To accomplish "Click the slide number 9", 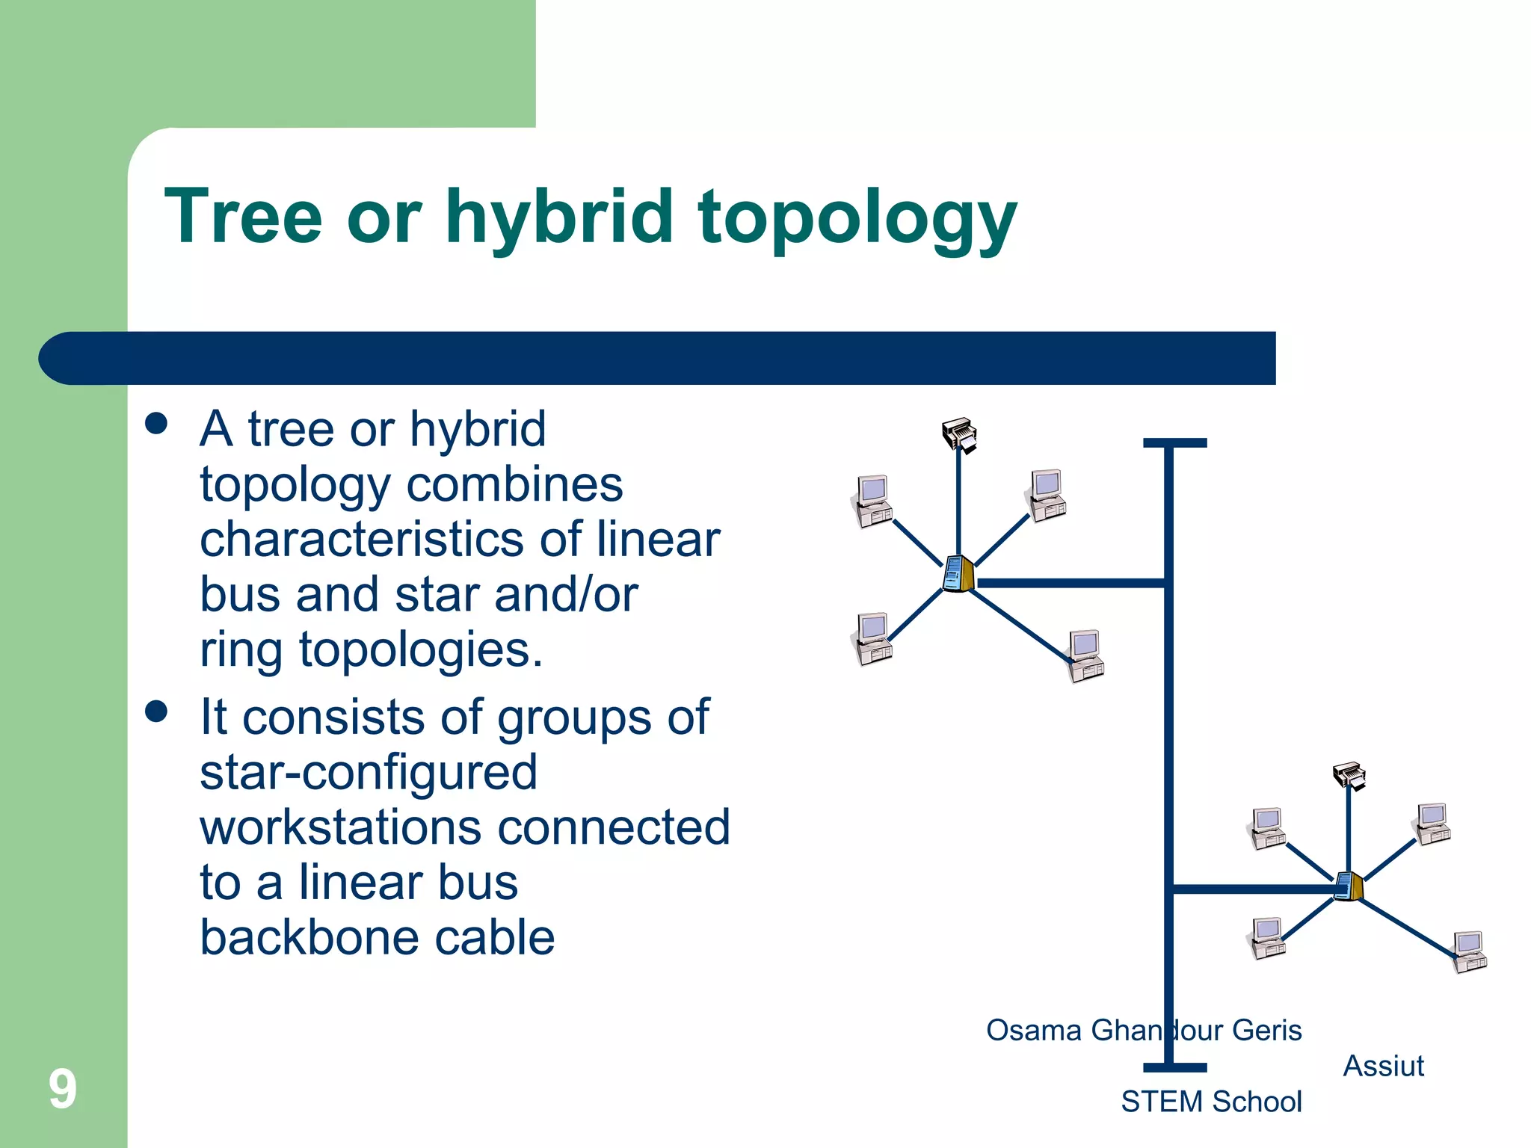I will (63, 1089).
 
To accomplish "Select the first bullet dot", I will (156, 424).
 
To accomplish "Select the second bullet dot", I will (156, 711).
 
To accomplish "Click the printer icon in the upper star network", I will (960, 434).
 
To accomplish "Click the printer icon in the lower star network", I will (1350, 776).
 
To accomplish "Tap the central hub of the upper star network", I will (958, 574).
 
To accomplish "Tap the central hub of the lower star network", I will (1349, 886).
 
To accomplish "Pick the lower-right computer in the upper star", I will (1086, 655).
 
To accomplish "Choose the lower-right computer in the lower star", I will (1470, 951).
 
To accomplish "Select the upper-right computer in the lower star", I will (1433, 824).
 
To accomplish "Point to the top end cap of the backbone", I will (1174, 443).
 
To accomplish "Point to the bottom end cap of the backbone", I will (1174, 1067).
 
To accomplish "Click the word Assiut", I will (1383, 1066).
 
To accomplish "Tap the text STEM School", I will (1211, 1102).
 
